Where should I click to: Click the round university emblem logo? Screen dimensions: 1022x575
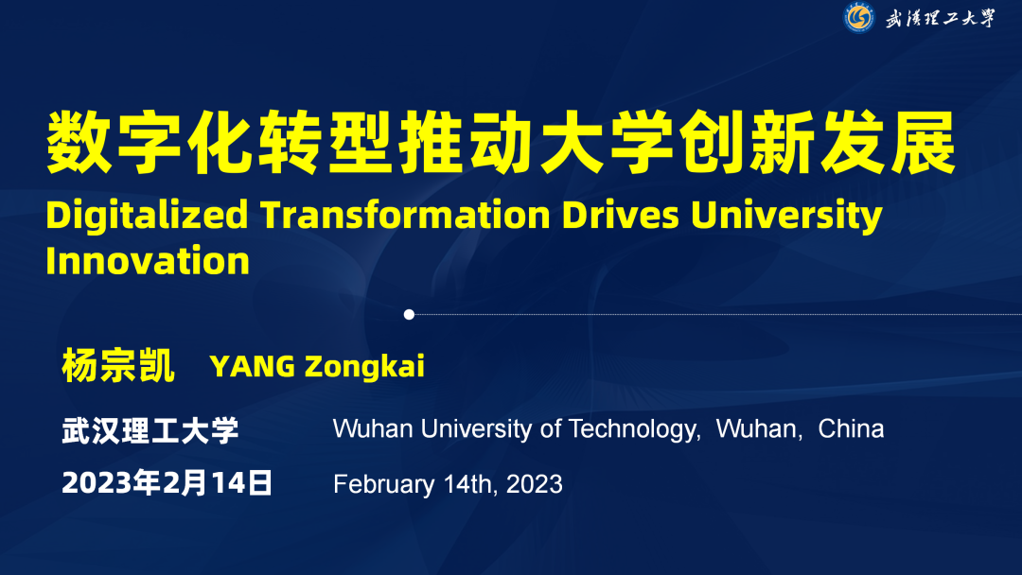click(859, 18)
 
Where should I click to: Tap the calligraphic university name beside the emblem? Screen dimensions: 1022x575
click(940, 18)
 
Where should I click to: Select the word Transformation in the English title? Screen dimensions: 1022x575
click(405, 215)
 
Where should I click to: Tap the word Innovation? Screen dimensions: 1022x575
click(148, 261)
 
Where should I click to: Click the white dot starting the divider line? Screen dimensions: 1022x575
click(409, 315)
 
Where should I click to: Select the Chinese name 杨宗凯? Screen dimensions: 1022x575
click(118, 365)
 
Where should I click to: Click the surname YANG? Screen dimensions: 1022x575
click(253, 366)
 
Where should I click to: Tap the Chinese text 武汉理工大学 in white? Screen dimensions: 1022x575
click(150, 430)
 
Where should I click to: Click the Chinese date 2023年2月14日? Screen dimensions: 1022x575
click(167, 483)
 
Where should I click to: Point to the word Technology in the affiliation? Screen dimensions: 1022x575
click(634, 429)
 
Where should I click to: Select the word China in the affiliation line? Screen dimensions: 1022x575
click(852, 429)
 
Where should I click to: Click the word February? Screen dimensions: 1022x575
click(384, 485)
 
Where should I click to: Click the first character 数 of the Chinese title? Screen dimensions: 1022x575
click(79, 142)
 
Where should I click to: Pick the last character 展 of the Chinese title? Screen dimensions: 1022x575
click(923, 142)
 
